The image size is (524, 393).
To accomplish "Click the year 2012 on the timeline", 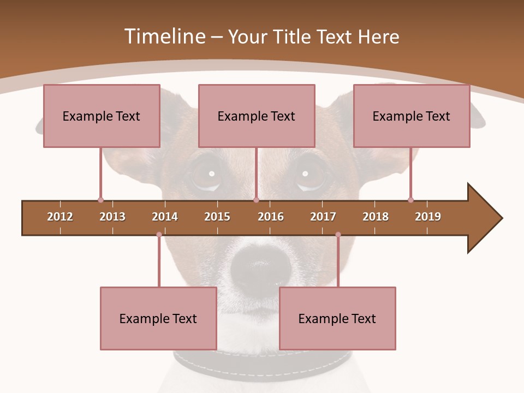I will coord(60,217).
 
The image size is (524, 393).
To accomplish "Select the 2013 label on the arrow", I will coord(112,217).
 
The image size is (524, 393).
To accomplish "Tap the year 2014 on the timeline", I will coord(165,217).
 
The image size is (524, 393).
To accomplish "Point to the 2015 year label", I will coord(217,217).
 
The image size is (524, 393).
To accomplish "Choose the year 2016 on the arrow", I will coord(271,217).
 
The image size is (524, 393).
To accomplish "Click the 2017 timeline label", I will coord(323,217).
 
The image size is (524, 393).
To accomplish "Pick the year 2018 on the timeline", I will coord(376,217).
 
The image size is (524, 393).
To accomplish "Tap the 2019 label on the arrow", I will coord(428,217).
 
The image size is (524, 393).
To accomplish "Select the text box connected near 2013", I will coord(102,116).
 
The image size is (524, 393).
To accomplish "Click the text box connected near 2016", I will coord(257,116).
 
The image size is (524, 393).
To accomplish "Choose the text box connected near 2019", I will coord(412,116).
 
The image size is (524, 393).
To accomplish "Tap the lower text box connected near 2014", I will coord(158,318).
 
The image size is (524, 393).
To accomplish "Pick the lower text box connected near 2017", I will coord(337,318).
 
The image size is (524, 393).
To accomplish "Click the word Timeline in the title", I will coord(164,37).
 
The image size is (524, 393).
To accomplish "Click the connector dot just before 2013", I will coord(100,200).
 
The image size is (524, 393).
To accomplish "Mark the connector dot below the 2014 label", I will coord(159,235).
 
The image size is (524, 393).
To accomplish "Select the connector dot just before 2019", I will coord(410,200).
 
